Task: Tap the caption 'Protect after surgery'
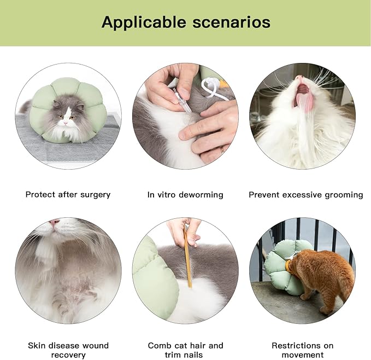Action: [x=68, y=194]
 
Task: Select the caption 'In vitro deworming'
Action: [x=185, y=194]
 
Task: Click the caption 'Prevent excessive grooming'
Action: [x=305, y=194]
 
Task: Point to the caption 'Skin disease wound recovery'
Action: [x=68, y=350]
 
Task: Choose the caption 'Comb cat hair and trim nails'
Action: [x=185, y=350]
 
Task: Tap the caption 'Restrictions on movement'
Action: [x=302, y=350]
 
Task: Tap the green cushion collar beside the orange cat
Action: [x=281, y=268]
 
